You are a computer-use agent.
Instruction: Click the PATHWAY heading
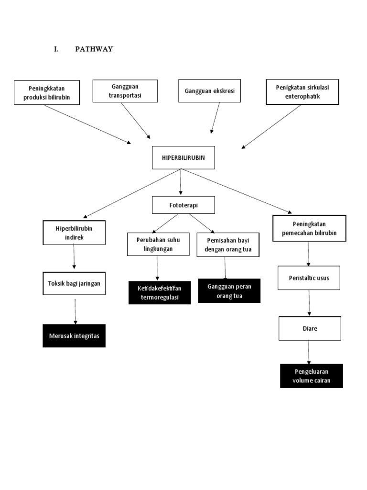tap(94, 49)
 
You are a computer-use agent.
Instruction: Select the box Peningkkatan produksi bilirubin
tap(46, 93)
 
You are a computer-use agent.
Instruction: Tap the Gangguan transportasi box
tap(125, 91)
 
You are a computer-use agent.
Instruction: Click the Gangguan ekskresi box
tap(209, 91)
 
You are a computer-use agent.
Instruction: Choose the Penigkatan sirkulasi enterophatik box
tap(302, 92)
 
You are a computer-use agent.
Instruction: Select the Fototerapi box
tap(183, 205)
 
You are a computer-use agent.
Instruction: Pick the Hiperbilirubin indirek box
tap(74, 233)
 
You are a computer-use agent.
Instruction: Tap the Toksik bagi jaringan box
tap(74, 283)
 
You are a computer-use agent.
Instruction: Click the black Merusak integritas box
tap(74, 336)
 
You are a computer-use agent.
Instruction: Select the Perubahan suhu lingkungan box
tap(158, 244)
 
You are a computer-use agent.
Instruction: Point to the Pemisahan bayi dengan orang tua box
tap(227, 245)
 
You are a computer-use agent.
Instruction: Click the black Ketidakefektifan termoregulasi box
tap(160, 292)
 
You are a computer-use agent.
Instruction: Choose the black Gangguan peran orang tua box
tap(229, 291)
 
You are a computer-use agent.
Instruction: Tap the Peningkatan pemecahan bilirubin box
tap(309, 228)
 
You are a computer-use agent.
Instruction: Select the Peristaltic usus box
tap(309, 278)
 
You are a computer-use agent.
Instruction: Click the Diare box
tap(310, 328)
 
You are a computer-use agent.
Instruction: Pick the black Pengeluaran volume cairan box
tap(312, 376)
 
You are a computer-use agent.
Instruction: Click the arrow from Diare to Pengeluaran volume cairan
tap(309, 352)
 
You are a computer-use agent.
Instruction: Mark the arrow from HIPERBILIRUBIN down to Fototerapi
tap(181, 182)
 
